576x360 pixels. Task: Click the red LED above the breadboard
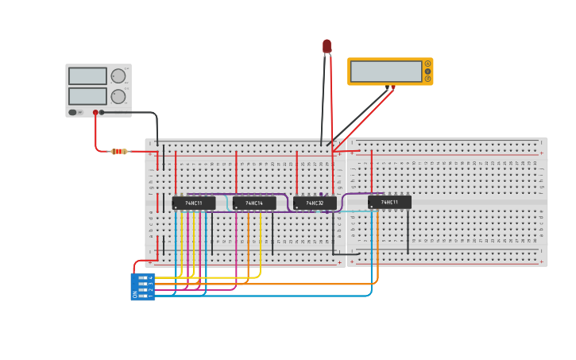click(x=327, y=46)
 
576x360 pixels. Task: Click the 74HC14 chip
click(x=254, y=203)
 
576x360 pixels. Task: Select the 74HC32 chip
click(x=315, y=203)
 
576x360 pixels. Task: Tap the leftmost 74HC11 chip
click(x=194, y=203)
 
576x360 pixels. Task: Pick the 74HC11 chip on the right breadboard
click(x=389, y=203)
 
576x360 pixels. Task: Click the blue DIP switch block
click(x=143, y=286)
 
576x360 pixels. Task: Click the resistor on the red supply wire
click(x=118, y=151)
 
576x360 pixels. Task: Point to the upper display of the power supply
click(x=87, y=76)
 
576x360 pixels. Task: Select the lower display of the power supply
click(x=87, y=96)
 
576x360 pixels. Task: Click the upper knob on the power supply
click(x=118, y=76)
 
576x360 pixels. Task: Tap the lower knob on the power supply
click(x=118, y=96)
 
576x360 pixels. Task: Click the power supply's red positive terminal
click(x=95, y=112)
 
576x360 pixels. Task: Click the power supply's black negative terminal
click(x=102, y=112)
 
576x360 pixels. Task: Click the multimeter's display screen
click(x=386, y=72)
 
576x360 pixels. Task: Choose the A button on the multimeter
click(x=427, y=64)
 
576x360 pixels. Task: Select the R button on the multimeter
click(x=427, y=79)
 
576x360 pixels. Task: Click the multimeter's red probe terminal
click(x=392, y=86)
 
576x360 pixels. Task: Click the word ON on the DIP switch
click(x=134, y=295)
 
